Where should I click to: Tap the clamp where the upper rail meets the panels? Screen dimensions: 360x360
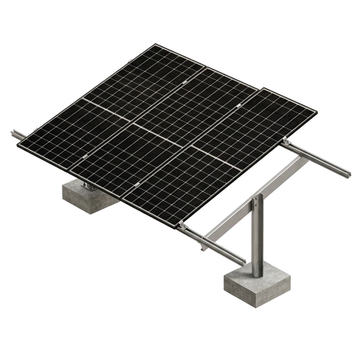[x=287, y=143]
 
